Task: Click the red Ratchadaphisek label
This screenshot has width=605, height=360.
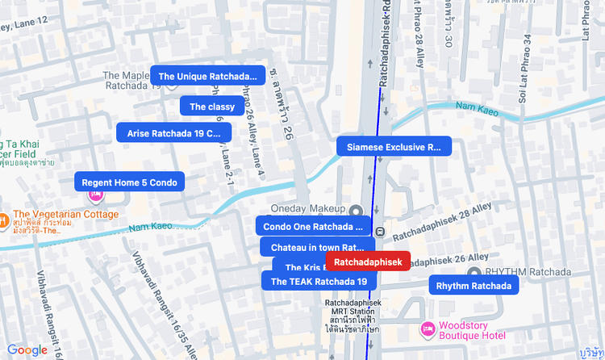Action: (368, 262)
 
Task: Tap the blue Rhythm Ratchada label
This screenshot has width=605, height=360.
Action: (474, 286)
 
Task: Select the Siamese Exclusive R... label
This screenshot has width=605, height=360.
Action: (394, 147)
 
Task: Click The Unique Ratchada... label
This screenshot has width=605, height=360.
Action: (208, 76)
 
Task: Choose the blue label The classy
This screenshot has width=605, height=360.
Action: (212, 107)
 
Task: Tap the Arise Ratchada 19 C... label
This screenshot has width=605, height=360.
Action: (174, 133)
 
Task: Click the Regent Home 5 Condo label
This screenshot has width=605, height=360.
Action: (129, 182)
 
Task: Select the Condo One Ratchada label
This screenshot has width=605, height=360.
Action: (313, 227)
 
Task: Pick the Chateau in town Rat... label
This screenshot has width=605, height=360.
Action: (317, 247)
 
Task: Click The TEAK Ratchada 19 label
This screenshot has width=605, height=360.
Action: (319, 281)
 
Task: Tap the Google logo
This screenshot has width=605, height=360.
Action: (27, 350)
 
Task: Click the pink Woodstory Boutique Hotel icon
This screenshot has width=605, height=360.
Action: (427, 329)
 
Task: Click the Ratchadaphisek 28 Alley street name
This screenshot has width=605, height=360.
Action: (442, 222)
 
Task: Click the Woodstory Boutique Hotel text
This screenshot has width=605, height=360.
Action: (471, 330)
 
